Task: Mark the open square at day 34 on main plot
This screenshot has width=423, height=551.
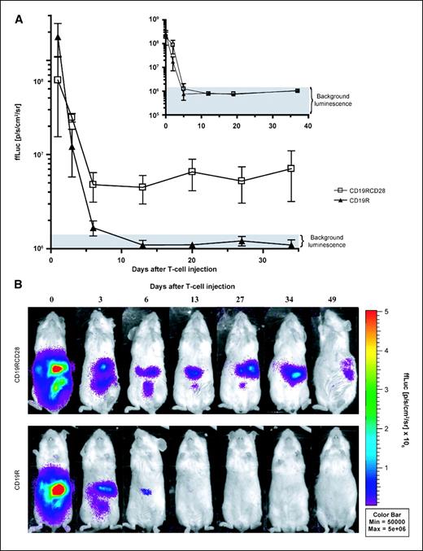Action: tap(290, 168)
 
